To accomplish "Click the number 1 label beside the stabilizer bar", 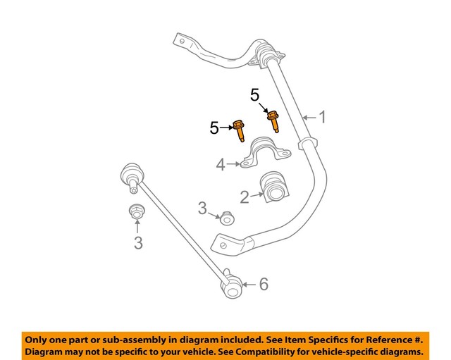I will (x=322, y=117).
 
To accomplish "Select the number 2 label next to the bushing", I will (x=244, y=197).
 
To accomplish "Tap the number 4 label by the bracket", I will (x=220, y=165).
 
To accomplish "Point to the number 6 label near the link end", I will (x=264, y=285).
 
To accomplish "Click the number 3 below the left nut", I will (x=138, y=243).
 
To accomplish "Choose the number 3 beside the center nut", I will (x=202, y=209).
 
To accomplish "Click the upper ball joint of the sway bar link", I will (x=131, y=173).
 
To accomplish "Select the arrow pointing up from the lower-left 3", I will (x=137, y=228).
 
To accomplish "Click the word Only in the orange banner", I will (x=38, y=339).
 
